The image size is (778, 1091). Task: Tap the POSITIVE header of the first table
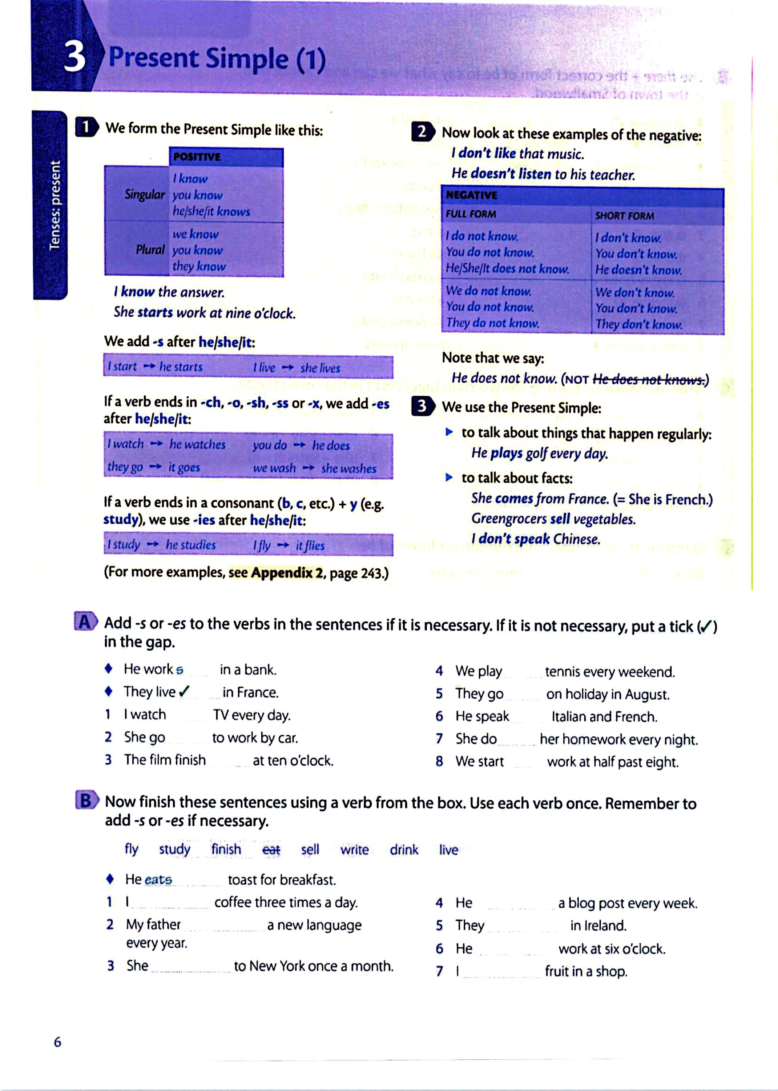click(197, 157)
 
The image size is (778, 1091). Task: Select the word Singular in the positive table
click(144, 194)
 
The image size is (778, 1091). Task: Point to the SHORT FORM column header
click(624, 216)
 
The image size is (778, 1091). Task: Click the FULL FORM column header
click(471, 214)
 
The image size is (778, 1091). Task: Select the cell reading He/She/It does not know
click(507, 268)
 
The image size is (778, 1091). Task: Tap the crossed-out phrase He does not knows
click(649, 380)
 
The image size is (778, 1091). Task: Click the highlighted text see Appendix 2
click(275, 572)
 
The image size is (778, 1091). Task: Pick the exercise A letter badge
click(85, 622)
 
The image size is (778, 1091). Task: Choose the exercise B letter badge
click(86, 800)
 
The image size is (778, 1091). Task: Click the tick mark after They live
click(184, 691)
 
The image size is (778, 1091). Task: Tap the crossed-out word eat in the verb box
click(271, 850)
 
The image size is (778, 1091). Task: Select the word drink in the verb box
click(404, 850)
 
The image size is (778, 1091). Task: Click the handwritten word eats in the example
click(158, 880)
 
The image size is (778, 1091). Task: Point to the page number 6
click(57, 1042)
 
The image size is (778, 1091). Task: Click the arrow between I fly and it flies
click(283, 545)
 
